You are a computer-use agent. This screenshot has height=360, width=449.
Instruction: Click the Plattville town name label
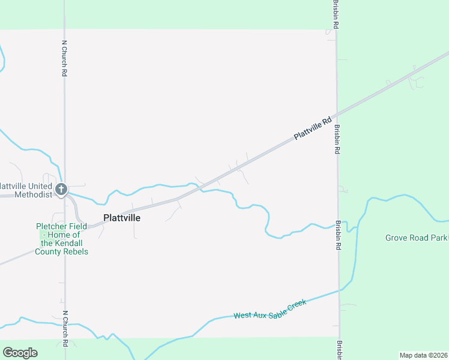click(122, 218)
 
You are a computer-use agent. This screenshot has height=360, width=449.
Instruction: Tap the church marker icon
click(61, 190)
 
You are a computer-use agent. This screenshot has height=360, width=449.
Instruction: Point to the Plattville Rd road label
click(313, 129)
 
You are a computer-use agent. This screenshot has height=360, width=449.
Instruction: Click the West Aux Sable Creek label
click(270, 309)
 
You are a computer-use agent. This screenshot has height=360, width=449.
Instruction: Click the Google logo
click(20, 353)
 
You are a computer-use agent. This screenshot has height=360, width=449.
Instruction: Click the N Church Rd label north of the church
click(64, 58)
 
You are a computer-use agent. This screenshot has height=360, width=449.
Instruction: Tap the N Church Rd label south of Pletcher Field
click(65, 329)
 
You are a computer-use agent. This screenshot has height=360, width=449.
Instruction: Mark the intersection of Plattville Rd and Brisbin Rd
click(337, 114)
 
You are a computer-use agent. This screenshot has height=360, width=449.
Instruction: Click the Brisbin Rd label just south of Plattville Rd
click(337, 140)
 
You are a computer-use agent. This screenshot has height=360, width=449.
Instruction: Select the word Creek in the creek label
click(296, 303)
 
